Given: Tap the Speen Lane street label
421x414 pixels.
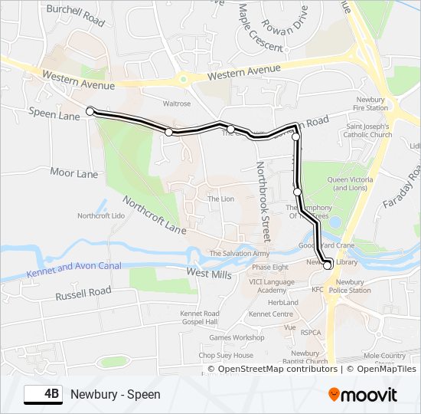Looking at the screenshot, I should pyautogui.click(x=54, y=115).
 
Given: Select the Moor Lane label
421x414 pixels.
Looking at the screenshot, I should pyautogui.click(x=74, y=173).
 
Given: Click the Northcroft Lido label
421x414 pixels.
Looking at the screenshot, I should pyautogui.click(x=101, y=216).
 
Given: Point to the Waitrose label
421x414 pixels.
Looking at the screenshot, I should pyautogui.click(x=176, y=102).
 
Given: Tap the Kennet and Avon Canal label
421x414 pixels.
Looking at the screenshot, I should pyautogui.click(x=73, y=268).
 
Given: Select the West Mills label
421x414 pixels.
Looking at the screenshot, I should pyautogui.click(x=208, y=272).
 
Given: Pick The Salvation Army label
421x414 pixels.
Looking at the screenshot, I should pyautogui.click(x=240, y=253).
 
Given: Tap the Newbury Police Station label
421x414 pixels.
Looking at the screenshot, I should pyautogui.click(x=349, y=286).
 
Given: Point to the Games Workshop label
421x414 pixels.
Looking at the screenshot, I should pyautogui.click(x=237, y=337).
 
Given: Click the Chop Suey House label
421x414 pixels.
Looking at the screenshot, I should pyautogui.click(x=226, y=356).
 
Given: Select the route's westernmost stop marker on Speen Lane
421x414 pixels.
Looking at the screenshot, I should pyautogui.click(x=90, y=111).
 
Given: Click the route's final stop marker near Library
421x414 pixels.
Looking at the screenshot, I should pyautogui.click(x=328, y=266).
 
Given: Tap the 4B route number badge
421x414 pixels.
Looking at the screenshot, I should pyautogui.click(x=44, y=394).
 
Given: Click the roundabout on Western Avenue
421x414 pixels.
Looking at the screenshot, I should pyautogui.click(x=183, y=78).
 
